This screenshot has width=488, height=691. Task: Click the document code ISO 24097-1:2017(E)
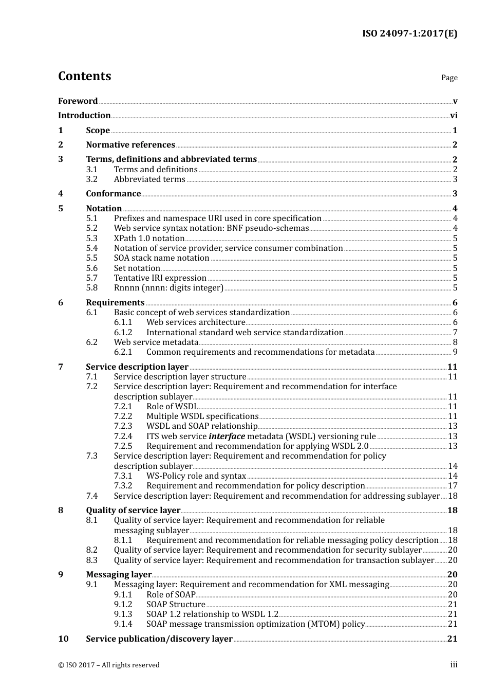point(409,33)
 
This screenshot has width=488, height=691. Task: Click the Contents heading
point(84,76)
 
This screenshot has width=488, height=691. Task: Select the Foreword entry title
point(78,101)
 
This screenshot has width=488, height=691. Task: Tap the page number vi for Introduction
point(454,116)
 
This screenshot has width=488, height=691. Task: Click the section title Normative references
point(130,145)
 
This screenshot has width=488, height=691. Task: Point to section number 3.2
point(91,179)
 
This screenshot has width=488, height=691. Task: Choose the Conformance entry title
point(113,194)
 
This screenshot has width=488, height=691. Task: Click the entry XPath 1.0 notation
point(149,239)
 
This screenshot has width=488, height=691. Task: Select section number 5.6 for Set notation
point(91,268)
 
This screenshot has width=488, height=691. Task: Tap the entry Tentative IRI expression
point(160,278)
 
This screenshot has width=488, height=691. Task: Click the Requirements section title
point(115,303)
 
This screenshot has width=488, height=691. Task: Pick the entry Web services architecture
point(196,322)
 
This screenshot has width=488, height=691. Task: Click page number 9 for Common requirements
point(455,352)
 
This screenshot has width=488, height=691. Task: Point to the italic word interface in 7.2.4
point(227,437)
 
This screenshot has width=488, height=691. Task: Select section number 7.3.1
point(123,476)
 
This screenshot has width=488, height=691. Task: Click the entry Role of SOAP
point(171,595)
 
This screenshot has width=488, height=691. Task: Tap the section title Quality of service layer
point(133,511)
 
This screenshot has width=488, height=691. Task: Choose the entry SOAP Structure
point(176,605)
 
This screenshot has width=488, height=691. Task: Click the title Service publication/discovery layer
point(159,639)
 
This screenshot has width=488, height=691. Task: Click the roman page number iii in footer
point(454,665)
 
